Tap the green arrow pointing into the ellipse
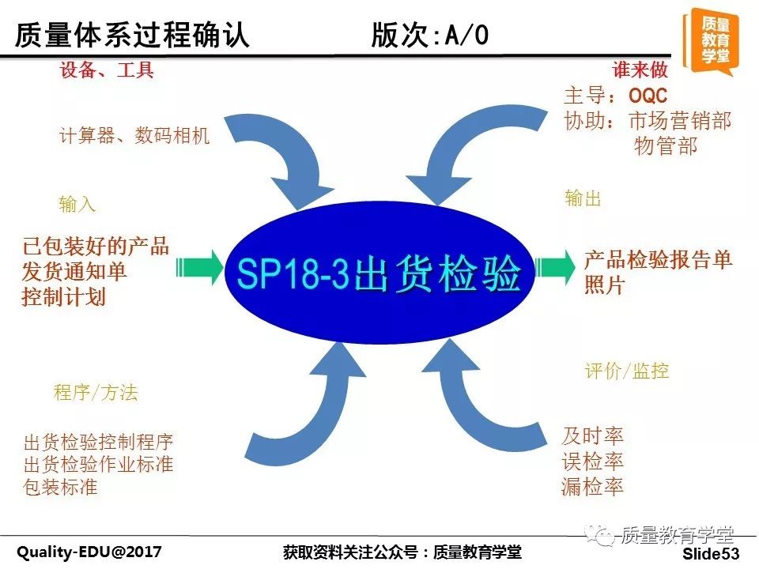click(199, 266)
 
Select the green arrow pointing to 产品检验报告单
click(555, 267)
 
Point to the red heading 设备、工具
click(107, 70)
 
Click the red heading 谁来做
click(640, 70)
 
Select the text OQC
click(648, 96)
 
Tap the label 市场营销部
click(680, 121)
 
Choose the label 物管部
click(666, 145)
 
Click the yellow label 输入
click(77, 204)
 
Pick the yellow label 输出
click(583, 198)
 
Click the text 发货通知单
click(74, 271)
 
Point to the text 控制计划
click(63, 296)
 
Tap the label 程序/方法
click(96, 392)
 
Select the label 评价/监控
click(627, 371)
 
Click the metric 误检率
click(592, 462)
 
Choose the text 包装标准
click(60, 487)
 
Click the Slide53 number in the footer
click(711, 553)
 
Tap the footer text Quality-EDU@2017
click(89, 552)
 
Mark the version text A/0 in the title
click(466, 35)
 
